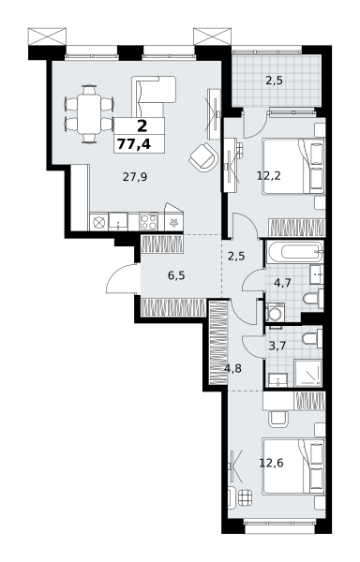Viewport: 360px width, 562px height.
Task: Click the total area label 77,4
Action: (134, 144)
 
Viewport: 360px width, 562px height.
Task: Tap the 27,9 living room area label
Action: (135, 177)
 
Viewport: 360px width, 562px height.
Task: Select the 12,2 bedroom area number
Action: (268, 176)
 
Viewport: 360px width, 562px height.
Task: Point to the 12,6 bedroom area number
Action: (272, 463)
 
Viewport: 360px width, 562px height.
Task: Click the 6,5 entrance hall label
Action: (176, 275)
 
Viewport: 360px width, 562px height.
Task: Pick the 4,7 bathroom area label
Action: (282, 283)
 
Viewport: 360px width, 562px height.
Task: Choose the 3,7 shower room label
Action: (277, 346)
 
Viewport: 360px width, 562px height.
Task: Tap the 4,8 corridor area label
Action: (232, 368)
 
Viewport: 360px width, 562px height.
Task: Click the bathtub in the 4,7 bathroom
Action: (294, 252)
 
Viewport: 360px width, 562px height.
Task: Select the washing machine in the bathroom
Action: (276, 312)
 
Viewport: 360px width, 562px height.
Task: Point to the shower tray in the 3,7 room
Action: (307, 373)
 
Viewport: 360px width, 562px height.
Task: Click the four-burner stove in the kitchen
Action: (149, 221)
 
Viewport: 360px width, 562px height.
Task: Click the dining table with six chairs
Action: (89, 114)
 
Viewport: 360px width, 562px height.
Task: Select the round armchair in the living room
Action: (203, 156)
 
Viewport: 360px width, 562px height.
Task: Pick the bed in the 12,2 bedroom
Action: (293, 167)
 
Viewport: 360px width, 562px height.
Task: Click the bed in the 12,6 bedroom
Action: (293, 466)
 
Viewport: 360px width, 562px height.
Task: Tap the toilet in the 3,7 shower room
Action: (312, 338)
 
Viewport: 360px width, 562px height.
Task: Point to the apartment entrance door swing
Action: (121, 279)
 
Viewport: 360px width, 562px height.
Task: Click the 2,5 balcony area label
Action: (274, 81)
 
